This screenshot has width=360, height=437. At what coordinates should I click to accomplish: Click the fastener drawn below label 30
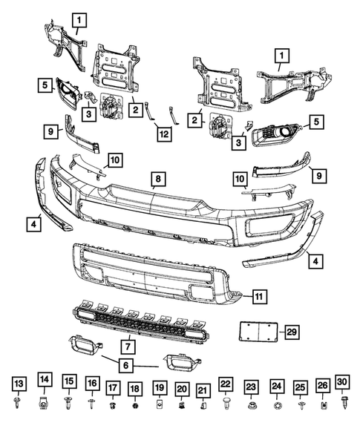pyautogui.click(x=343, y=402)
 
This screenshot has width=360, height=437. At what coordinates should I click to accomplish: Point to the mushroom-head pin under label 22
pyautogui.click(x=226, y=404)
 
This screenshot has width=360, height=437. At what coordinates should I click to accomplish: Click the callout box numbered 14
pyautogui.click(x=45, y=381)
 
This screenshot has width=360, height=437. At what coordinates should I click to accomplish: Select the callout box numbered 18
pyautogui.click(x=134, y=388)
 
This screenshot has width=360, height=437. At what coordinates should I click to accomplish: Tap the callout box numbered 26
pyautogui.click(x=323, y=387)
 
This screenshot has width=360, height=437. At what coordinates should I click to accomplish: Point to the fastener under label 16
pyautogui.click(x=91, y=403)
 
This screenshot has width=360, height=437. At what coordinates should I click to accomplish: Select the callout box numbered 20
pyautogui.click(x=181, y=389)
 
